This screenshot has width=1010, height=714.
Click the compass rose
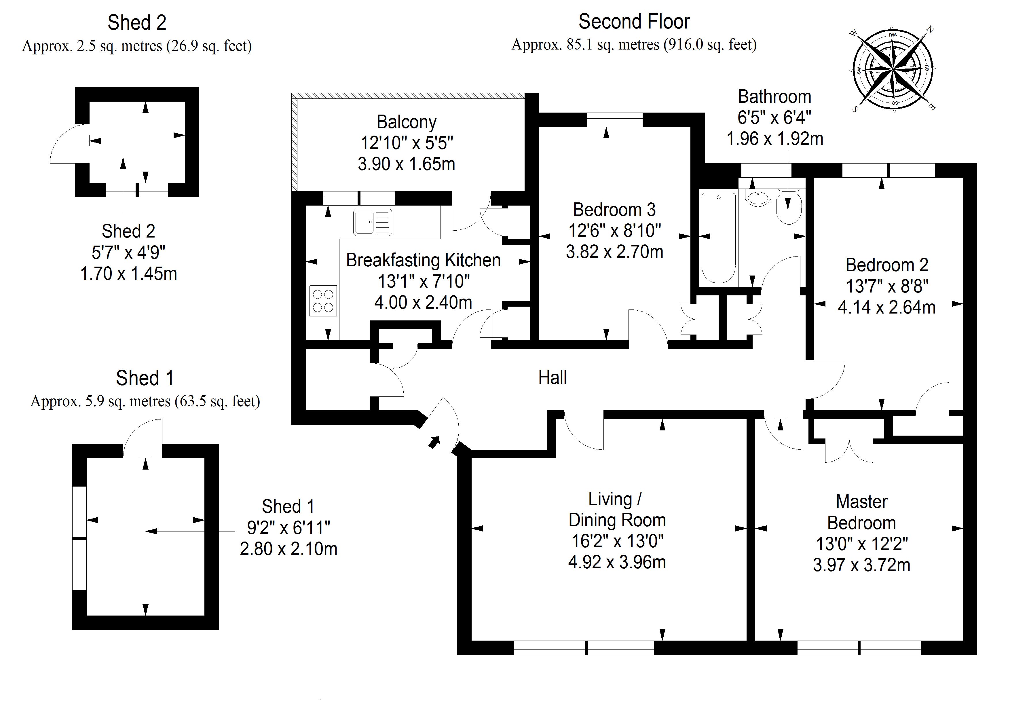[x=893, y=69]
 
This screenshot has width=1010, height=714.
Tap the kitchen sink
[x=372, y=222]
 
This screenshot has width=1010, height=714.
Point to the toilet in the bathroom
[x=789, y=207]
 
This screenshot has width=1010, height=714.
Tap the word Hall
[x=553, y=377]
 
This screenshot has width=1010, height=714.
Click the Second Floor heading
[x=634, y=22]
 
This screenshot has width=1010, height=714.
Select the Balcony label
[x=407, y=122]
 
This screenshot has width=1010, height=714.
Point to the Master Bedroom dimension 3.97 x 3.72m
[x=861, y=565]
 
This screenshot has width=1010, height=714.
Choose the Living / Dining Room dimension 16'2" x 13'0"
[x=617, y=541]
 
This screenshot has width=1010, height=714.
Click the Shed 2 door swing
[x=66, y=143]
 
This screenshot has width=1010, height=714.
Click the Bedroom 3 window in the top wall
[x=614, y=120]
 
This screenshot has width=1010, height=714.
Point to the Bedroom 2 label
[x=887, y=265]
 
